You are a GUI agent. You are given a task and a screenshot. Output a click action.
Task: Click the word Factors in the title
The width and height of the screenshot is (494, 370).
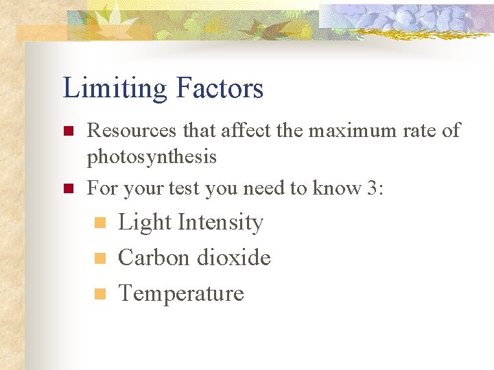220,89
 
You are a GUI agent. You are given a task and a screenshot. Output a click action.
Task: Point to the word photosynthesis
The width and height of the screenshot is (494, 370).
151,158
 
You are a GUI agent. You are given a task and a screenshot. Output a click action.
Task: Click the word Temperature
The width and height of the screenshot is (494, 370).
181,293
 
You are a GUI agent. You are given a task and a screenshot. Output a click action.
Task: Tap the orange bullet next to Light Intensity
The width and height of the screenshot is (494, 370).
99,223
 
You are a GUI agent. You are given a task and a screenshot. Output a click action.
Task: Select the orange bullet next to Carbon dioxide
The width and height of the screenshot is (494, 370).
99,258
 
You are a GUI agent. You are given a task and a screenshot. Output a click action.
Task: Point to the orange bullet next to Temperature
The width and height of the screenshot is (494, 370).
99,294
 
